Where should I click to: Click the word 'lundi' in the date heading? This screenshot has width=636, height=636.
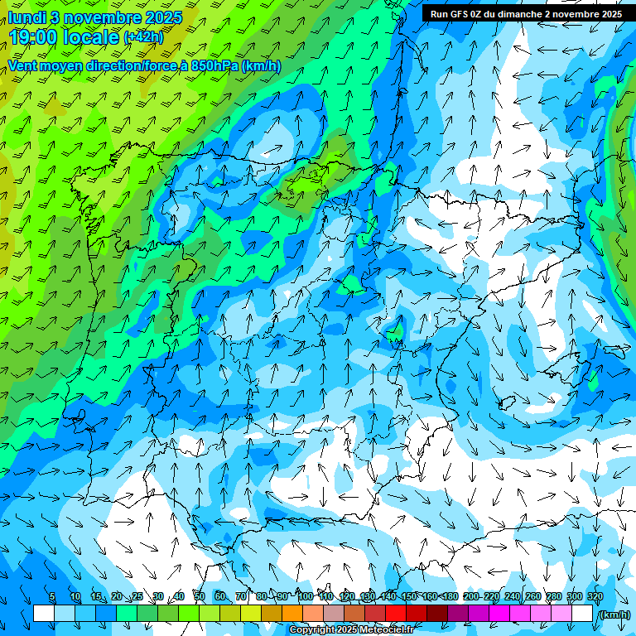[x=27, y=17]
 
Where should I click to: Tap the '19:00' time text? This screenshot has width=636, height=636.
[x=35, y=37]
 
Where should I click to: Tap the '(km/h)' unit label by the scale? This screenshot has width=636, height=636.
[x=614, y=614]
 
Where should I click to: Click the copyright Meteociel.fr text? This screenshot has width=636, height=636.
[x=351, y=629]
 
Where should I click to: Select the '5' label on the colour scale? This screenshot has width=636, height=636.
[x=52, y=596]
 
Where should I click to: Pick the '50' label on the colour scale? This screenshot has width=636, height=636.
[x=200, y=596]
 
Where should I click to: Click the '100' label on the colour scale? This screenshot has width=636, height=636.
[x=305, y=596]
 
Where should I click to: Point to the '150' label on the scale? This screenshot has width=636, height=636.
[x=409, y=596]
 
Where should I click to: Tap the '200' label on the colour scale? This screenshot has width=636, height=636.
[x=471, y=596]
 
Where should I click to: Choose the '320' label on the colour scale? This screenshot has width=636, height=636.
[x=595, y=596]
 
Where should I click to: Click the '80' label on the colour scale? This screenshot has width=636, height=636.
[x=262, y=596]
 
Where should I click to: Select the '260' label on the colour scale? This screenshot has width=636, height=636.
[x=533, y=596]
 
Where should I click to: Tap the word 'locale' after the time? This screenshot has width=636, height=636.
[x=89, y=37]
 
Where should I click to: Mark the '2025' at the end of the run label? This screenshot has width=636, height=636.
[x=611, y=13]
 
